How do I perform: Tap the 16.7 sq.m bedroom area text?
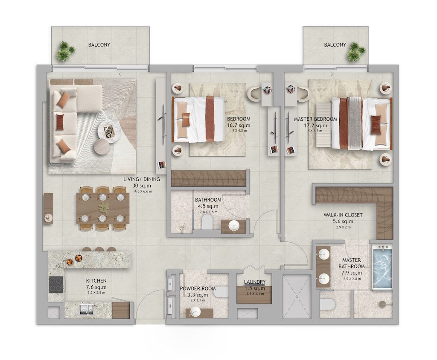click(239, 126)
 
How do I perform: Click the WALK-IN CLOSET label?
click(343, 215)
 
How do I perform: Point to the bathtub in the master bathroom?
click(382, 266)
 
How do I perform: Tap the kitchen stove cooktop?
click(56, 284)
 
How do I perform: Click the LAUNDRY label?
click(255, 282)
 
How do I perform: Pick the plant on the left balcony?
click(65, 51)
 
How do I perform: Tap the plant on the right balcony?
click(355, 52)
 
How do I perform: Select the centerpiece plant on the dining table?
click(103, 208)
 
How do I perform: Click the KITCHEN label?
click(96, 281)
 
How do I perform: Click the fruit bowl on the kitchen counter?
click(79, 258)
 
